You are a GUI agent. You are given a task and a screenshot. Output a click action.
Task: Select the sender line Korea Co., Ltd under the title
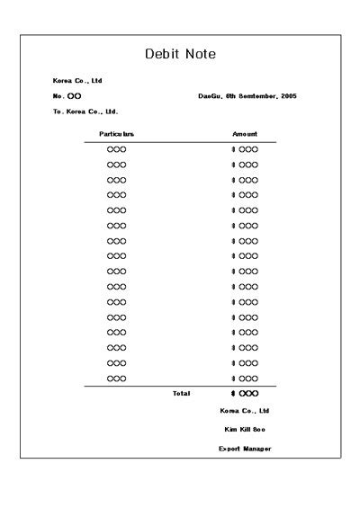pyautogui.click(x=77, y=81)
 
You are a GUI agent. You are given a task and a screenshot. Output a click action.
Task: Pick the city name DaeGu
pyautogui.click(x=210, y=96)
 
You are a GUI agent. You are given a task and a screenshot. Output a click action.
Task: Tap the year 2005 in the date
pyautogui.click(x=288, y=96)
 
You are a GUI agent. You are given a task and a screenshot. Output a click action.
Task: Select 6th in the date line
pyautogui.click(x=230, y=96)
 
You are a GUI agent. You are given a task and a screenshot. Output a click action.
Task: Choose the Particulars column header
pyautogui.click(x=117, y=134)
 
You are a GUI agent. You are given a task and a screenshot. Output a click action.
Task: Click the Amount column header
pyautogui.click(x=245, y=134)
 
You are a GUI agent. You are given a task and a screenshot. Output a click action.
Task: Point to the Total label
pyautogui.click(x=181, y=393)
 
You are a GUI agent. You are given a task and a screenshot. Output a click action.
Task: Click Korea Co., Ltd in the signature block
pyautogui.click(x=245, y=410)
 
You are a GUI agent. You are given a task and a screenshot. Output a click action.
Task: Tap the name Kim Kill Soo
pyautogui.click(x=245, y=429)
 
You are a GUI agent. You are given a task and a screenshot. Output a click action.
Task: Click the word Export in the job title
pyautogui.click(x=229, y=448)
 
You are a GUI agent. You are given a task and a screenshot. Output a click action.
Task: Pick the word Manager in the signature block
pyautogui.click(x=257, y=448)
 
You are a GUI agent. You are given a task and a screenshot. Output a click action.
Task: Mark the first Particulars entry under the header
pyautogui.click(x=117, y=149)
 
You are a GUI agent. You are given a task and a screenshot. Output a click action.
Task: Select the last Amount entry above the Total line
pyautogui.click(x=247, y=378)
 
